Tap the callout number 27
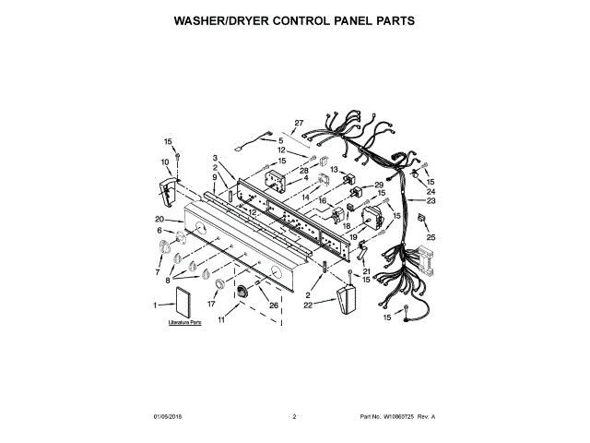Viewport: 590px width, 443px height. [x=299, y=124]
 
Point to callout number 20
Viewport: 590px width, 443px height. [x=159, y=219]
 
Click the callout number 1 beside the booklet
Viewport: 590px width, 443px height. [x=156, y=304]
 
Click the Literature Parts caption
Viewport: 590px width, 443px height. [x=184, y=324]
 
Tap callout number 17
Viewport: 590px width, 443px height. [x=211, y=304]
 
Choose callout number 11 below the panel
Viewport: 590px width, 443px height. [x=221, y=320]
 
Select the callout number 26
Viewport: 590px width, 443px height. [x=274, y=305]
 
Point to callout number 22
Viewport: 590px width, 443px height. [x=309, y=304]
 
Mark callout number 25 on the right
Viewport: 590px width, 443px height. [x=431, y=237]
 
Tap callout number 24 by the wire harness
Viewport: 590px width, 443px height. [x=431, y=191]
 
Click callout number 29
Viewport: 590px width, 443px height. [x=379, y=186]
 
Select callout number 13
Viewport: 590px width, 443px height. [x=336, y=171]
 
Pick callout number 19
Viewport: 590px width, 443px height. [x=353, y=237]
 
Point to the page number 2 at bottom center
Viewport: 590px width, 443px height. [x=294, y=417]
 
